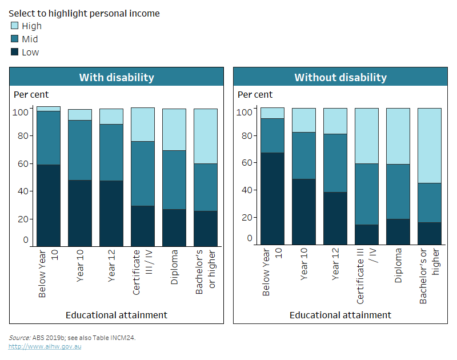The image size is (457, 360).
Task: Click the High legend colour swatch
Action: tap(15, 26)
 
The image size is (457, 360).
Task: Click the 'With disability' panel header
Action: tap(116, 77)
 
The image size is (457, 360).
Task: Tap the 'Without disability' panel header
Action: tap(340, 77)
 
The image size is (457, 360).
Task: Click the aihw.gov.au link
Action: tap(45, 346)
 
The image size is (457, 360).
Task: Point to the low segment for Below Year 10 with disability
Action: tap(49, 205)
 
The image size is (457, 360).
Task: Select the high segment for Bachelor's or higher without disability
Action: tap(429, 145)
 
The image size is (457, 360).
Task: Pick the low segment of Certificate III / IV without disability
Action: tap(366, 235)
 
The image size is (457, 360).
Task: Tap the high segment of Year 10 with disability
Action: tap(80, 115)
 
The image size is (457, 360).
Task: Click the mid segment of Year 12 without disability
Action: tap(335, 163)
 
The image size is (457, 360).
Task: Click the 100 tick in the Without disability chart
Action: tap(245, 112)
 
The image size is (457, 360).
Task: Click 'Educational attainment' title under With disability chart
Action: tap(116, 315)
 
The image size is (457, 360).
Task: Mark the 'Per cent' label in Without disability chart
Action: tap(255, 94)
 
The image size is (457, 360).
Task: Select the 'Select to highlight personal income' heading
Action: tap(84, 13)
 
